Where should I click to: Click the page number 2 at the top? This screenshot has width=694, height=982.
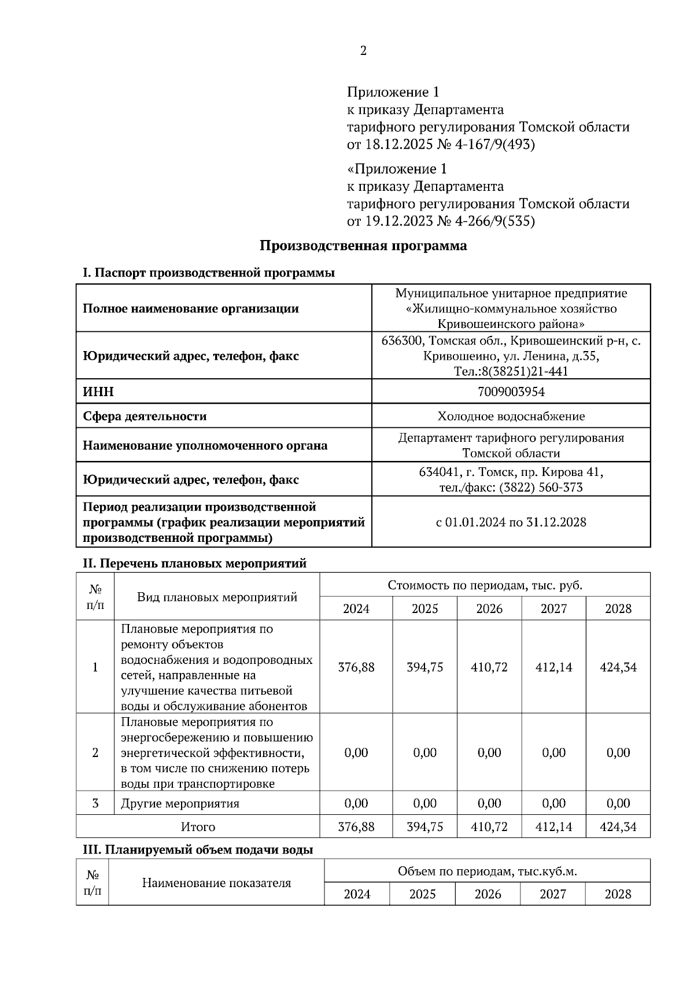click(x=363, y=51)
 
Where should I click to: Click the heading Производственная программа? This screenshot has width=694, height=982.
click(x=363, y=246)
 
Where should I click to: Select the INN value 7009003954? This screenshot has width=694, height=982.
click(x=511, y=392)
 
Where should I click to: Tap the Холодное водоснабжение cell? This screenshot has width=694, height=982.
click(x=511, y=416)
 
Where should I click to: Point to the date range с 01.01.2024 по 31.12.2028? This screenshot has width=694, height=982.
click(x=511, y=522)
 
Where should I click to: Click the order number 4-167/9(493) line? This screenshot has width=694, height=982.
click(x=441, y=144)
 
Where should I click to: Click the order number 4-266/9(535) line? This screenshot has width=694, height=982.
click(x=441, y=221)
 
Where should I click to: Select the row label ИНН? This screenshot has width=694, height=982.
click(x=99, y=392)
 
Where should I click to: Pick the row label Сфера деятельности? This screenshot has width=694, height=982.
click(x=145, y=416)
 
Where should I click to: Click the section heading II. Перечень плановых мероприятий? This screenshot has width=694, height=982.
click(x=195, y=563)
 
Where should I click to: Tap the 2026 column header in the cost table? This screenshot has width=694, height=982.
click(x=489, y=609)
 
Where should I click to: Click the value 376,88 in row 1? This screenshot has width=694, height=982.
click(x=356, y=667)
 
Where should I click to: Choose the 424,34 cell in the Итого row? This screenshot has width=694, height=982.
click(x=618, y=827)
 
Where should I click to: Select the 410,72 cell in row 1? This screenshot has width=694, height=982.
click(x=489, y=667)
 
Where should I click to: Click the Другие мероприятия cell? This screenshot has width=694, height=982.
click(x=180, y=804)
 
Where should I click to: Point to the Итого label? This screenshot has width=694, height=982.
click(x=198, y=827)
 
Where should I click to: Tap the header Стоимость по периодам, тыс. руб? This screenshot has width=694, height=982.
click(x=485, y=585)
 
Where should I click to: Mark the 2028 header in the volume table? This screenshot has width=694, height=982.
click(x=618, y=894)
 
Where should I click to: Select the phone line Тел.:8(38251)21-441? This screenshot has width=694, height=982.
click(x=511, y=371)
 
